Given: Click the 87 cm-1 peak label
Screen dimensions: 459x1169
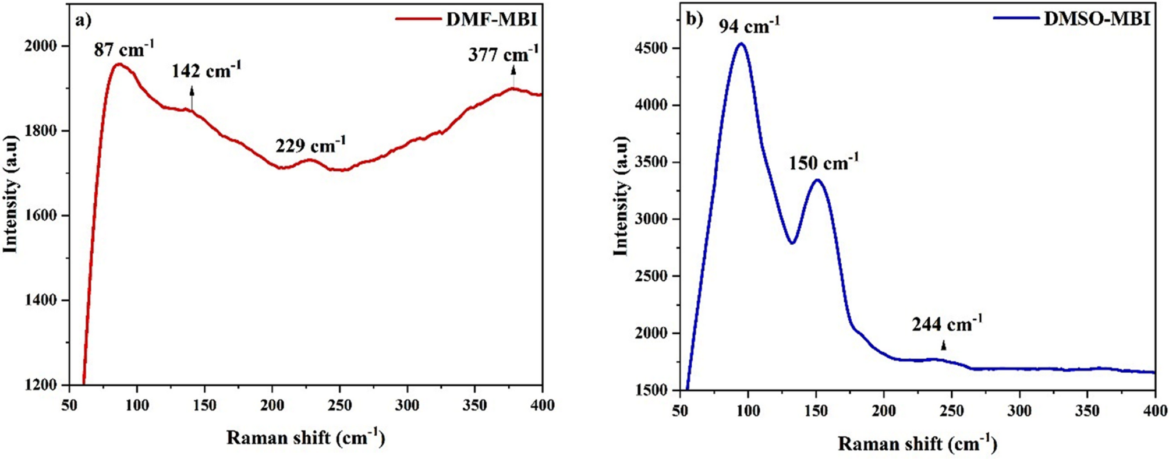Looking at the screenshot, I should (124, 50).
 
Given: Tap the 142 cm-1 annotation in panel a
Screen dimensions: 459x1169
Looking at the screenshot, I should (206, 70).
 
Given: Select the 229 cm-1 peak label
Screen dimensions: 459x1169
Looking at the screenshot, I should (310, 145).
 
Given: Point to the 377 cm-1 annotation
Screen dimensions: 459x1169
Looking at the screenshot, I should (503, 55).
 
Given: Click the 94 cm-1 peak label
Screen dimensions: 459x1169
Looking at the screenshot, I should (749, 26).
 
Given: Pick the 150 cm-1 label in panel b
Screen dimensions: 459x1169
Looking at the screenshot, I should (823, 163).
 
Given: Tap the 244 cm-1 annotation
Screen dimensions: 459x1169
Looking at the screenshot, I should (947, 324).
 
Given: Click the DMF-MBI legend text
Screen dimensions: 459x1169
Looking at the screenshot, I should (491, 19).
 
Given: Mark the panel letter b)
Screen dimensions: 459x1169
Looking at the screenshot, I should (695, 19).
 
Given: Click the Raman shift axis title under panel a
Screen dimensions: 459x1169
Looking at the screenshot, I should (306, 437).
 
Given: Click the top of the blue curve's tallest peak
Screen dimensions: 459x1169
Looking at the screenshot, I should (741, 43).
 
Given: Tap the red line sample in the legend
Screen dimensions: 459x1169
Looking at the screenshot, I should (418, 19).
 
